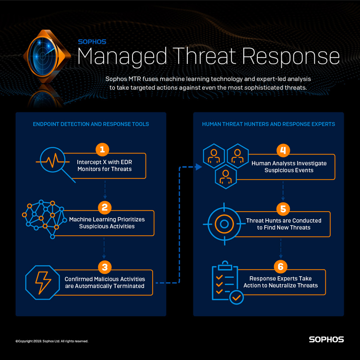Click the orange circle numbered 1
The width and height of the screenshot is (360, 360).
click(102, 149)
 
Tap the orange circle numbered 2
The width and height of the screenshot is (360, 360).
click(104, 207)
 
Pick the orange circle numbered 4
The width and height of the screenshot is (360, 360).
click(283, 150)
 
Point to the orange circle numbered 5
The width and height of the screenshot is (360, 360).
click(283, 208)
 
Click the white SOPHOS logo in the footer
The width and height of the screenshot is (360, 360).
click(326, 339)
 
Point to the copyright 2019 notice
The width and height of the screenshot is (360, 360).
click(52, 341)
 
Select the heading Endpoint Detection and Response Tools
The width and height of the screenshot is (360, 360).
click(91, 124)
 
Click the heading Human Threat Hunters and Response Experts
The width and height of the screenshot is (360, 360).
click(268, 124)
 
